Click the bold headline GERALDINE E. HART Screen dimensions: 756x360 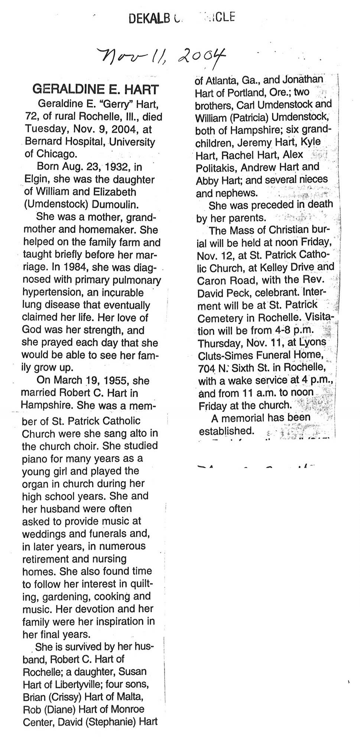(96, 89)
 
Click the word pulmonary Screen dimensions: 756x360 (139, 280)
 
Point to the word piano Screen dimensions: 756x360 (35, 459)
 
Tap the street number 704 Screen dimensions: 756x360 (207, 368)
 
